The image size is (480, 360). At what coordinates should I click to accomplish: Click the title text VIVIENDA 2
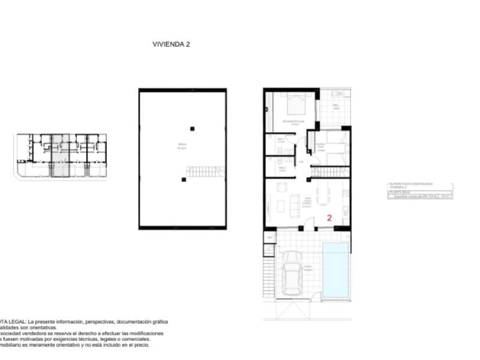(172, 44)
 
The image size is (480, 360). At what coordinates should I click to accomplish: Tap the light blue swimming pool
(336, 269)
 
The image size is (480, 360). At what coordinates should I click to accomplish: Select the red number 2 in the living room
(329, 218)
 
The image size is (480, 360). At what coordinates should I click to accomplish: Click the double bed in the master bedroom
(295, 106)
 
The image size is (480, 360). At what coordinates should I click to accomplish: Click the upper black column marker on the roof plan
(192, 128)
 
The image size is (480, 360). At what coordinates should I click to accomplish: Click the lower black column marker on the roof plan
(183, 179)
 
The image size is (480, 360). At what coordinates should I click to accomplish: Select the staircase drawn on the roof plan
(206, 172)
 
